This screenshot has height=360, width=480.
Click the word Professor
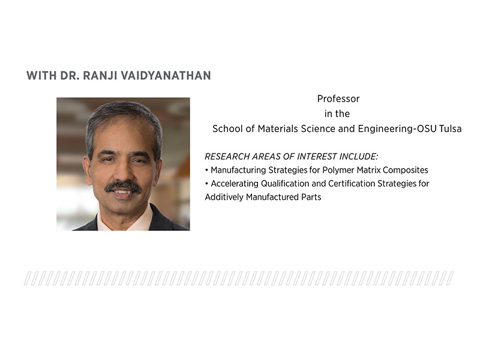[x=338, y=98]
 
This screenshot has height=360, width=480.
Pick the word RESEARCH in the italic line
[x=227, y=157]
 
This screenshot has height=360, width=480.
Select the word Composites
[x=407, y=170]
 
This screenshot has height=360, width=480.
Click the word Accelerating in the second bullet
[x=235, y=184]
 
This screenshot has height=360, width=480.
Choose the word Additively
[x=223, y=197]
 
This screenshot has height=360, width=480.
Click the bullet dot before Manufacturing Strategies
[x=206, y=170]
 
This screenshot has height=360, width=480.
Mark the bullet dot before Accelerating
[x=206, y=184]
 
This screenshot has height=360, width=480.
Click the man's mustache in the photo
[x=122, y=186]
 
